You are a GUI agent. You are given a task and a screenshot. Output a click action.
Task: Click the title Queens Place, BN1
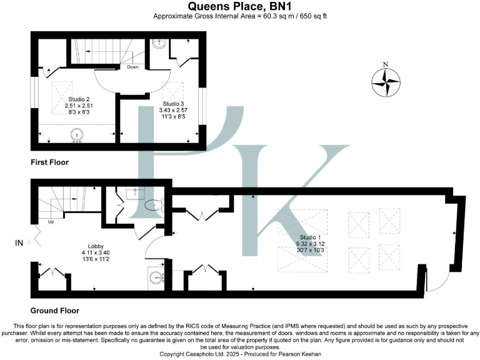239,6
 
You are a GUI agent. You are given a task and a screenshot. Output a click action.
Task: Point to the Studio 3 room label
173,104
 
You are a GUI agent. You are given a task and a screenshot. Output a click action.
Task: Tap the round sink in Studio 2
76,133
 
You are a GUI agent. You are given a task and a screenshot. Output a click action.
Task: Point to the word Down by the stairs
132,66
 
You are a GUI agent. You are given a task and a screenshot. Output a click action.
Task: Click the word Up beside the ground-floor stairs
50,221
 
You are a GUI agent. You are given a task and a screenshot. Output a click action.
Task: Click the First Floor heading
49,162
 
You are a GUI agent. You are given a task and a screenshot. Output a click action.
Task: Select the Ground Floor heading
55,310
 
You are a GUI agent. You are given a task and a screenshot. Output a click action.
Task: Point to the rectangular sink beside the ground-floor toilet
132,193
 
